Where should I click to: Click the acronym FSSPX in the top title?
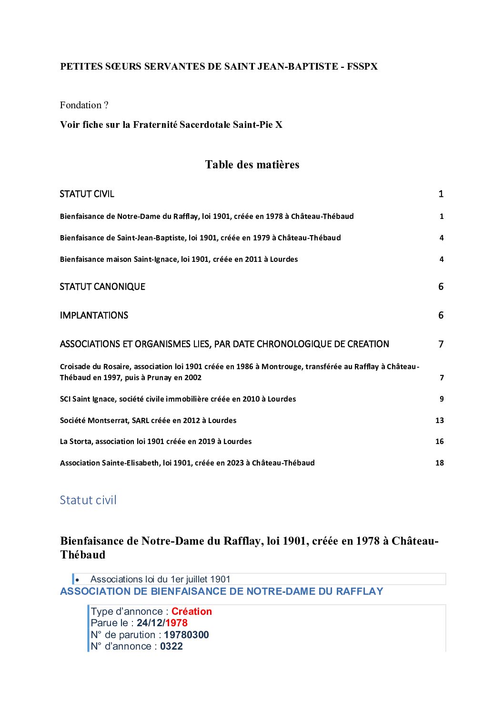pos(362,67)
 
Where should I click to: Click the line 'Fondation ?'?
pos(84,105)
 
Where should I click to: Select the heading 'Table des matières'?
pos(252,165)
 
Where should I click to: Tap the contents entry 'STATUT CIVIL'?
pos(87,194)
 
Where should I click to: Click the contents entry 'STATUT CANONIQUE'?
pos(102,287)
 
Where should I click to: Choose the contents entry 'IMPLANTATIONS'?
pos(94,315)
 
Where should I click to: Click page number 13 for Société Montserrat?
pos(439,421)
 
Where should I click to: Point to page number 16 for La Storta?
pos(439,442)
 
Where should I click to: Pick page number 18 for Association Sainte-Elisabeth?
pos(439,463)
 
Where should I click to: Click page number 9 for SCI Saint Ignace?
pos(442,399)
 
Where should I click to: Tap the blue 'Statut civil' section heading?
pos(88,500)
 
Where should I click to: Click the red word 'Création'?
pos(192,611)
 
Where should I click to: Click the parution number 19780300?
pos(186,635)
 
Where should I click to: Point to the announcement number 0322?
pos(171,646)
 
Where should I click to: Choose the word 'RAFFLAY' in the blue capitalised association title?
pos(359,591)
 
